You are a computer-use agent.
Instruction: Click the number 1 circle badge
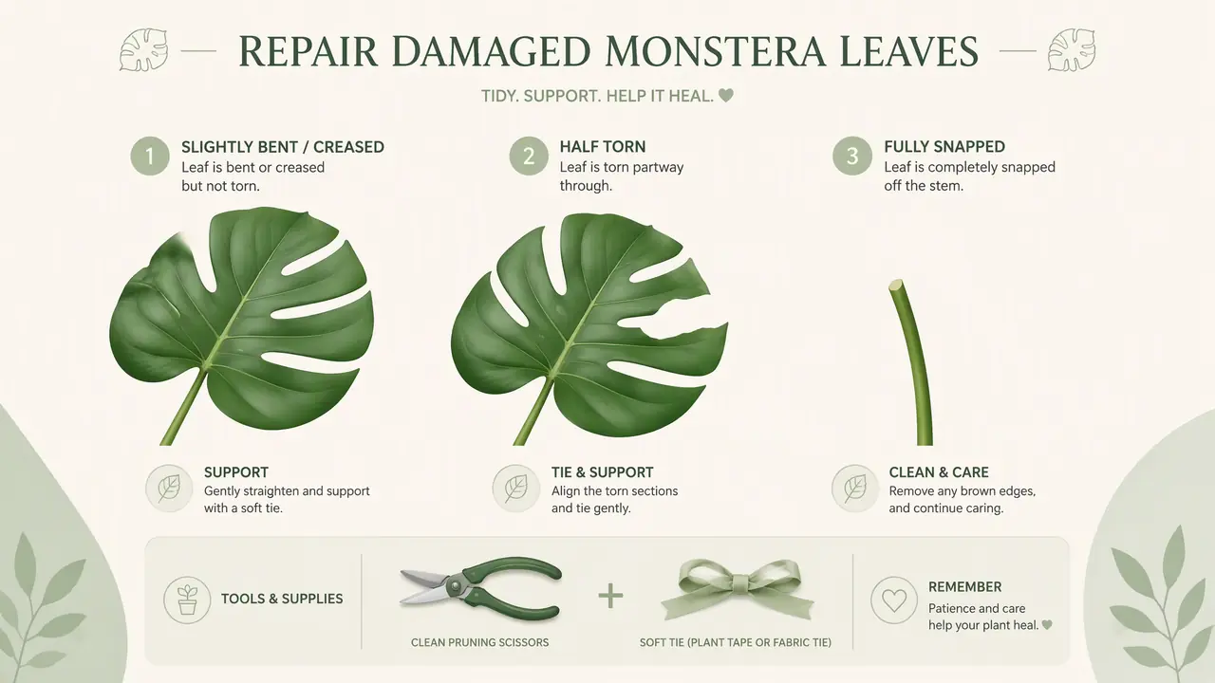(150, 157)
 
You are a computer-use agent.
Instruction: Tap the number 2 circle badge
(529, 157)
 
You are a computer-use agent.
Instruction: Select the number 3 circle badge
(852, 157)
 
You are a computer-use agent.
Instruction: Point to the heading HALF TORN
(603, 147)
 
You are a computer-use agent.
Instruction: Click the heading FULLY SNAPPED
(944, 147)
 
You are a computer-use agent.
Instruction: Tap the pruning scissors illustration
(480, 589)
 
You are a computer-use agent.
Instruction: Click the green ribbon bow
(737, 590)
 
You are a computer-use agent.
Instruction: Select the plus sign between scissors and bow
(610, 597)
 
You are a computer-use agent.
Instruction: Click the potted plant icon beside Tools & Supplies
(187, 600)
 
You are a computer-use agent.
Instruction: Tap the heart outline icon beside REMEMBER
(894, 600)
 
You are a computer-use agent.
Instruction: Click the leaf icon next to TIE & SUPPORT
(515, 489)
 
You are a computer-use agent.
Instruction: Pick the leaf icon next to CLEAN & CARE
(855, 489)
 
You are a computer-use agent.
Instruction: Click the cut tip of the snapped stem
(895, 284)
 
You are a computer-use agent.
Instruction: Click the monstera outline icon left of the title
(143, 50)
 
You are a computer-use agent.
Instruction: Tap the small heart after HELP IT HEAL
(726, 96)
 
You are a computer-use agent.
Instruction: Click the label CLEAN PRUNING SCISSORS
(480, 642)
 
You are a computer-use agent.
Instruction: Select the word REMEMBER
(965, 587)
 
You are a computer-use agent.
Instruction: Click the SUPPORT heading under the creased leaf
(236, 472)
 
